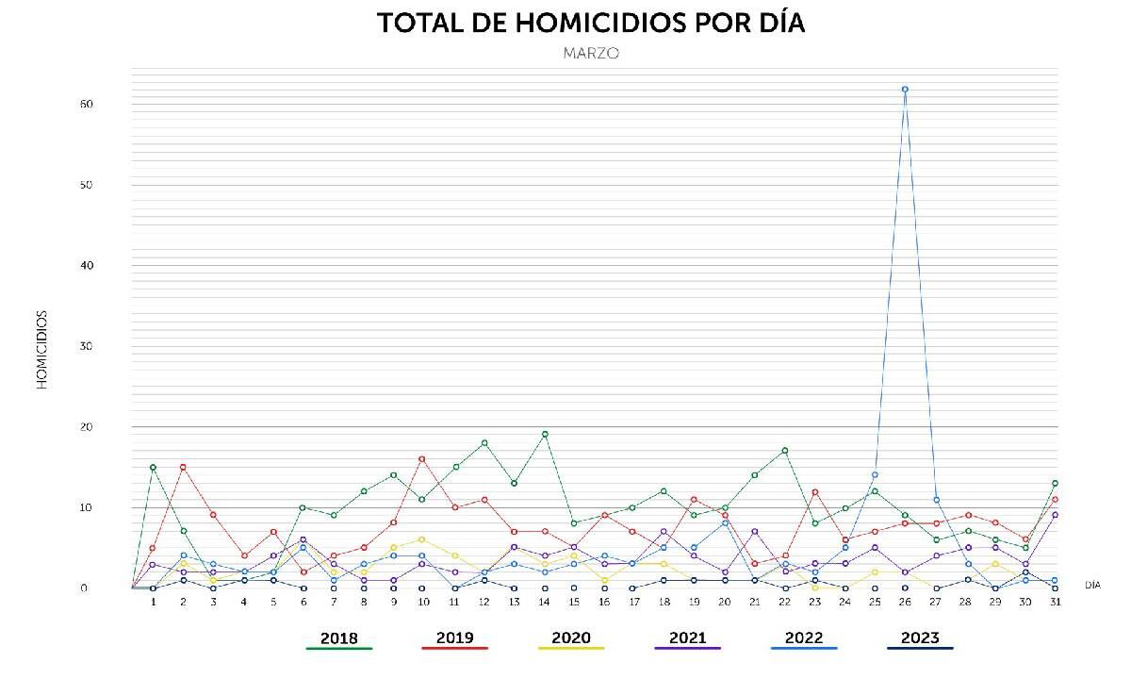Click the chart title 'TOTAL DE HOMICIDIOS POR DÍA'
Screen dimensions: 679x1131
click(x=591, y=23)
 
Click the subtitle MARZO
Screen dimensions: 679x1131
click(x=591, y=54)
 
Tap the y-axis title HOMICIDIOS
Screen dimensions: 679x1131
click(x=42, y=349)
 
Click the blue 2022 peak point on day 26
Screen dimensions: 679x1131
click(x=905, y=90)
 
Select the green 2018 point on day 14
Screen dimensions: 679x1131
click(x=545, y=435)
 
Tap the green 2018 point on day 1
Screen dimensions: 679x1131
click(x=153, y=468)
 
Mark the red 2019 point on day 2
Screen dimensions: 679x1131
click(x=183, y=467)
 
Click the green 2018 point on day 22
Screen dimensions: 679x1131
click(x=784, y=451)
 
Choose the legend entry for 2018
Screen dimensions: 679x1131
click(x=339, y=638)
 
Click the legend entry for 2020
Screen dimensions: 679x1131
click(x=571, y=638)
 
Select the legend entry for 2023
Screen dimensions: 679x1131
click(x=920, y=638)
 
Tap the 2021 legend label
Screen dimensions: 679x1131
click(x=687, y=638)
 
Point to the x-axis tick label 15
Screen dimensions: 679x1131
click(x=574, y=602)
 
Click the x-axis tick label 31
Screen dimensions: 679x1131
click(x=1055, y=602)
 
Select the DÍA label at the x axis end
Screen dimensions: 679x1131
click(x=1092, y=585)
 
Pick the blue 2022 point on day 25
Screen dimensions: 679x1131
click(x=875, y=475)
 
